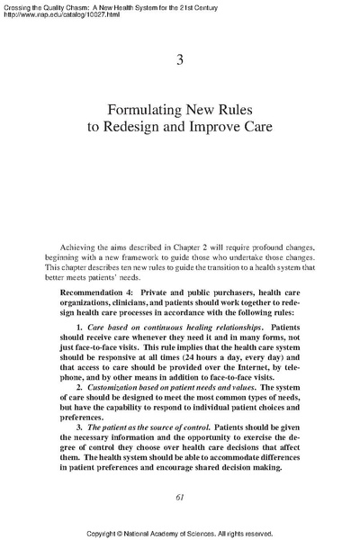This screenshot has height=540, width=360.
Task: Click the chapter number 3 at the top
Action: [x=180, y=60]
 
